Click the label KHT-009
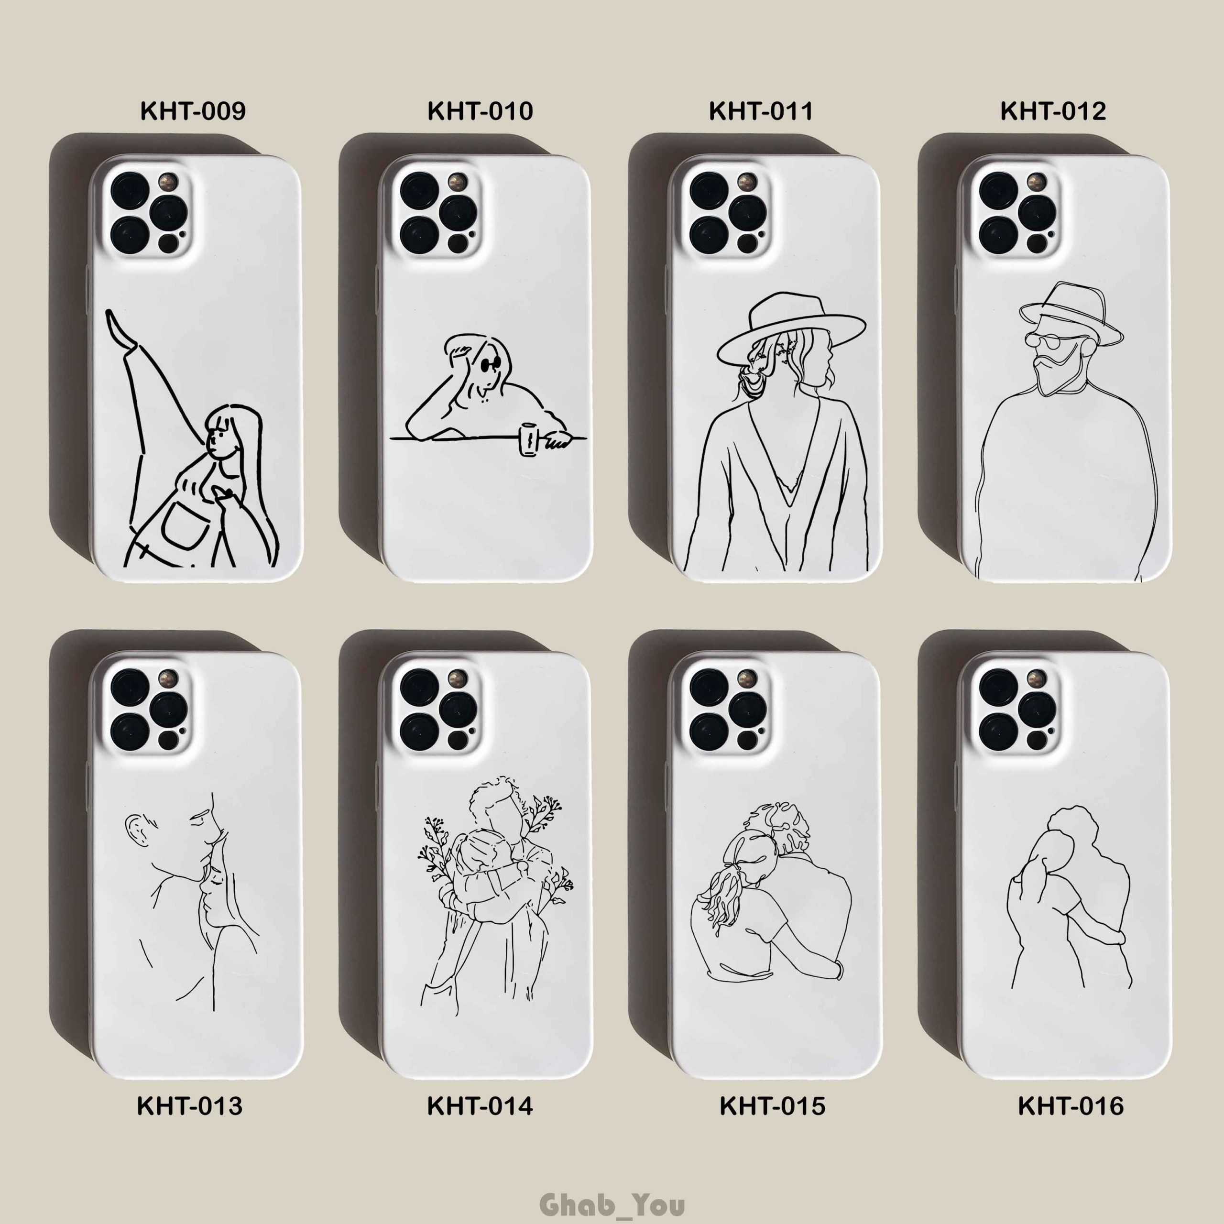point(193,111)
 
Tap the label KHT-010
point(480,111)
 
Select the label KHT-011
point(760,111)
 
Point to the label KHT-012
point(1053,111)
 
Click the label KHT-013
point(189,1106)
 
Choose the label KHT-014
point(480,1106)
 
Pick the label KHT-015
point(772,1106)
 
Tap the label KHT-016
point(1071,1106)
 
